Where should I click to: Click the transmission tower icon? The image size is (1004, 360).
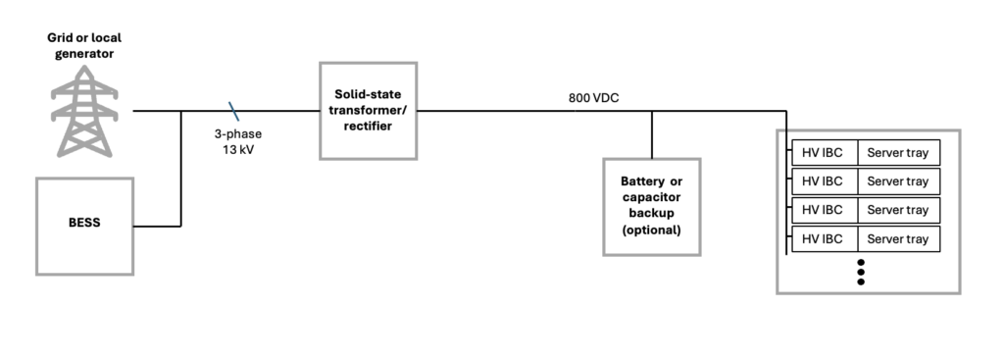[84, 111]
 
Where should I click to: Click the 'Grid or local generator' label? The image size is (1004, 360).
[84, 45]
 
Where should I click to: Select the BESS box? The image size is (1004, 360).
[84, 227]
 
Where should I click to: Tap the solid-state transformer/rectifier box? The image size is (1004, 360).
[369, 111]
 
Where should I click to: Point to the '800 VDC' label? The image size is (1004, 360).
[593, 98]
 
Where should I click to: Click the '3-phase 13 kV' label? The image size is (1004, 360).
[237, 142]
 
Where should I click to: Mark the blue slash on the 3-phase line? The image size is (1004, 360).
[233, 111]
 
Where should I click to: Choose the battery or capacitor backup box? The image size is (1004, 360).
[652, 207]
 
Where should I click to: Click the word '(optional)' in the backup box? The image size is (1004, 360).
[652, 230]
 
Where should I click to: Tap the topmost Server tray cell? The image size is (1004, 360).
[899, 152]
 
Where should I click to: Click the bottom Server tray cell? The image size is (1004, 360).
[899, 239]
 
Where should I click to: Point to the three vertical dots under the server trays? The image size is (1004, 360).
[861, 273]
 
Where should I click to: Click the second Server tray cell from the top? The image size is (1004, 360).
[899, 181]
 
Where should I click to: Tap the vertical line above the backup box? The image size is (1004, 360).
[652, 134]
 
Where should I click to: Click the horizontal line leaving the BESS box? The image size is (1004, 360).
[158, 227]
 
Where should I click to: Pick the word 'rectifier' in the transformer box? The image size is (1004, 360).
[368, 127]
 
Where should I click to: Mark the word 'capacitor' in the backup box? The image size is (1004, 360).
[651, 197]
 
